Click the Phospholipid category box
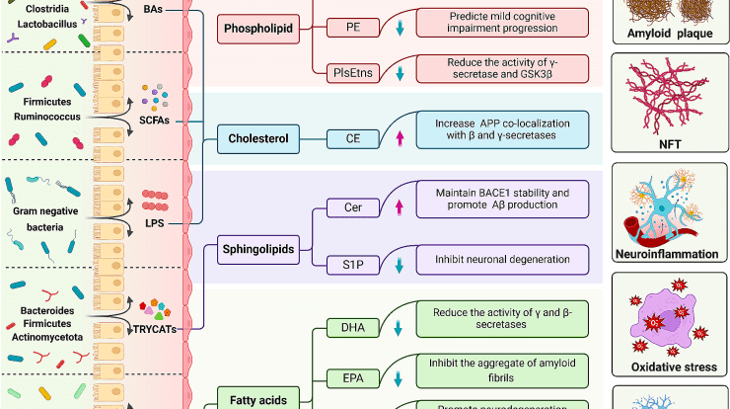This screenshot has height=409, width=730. coord(257,30)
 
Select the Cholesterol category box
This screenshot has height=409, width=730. coord(261,139)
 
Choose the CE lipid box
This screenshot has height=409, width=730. coord(351,139)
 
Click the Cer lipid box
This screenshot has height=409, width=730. coord(351,207)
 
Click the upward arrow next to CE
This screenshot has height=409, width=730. coord(400,140)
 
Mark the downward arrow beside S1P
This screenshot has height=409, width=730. coord(400,262)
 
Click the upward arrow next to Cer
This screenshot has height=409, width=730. coord(400,207)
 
